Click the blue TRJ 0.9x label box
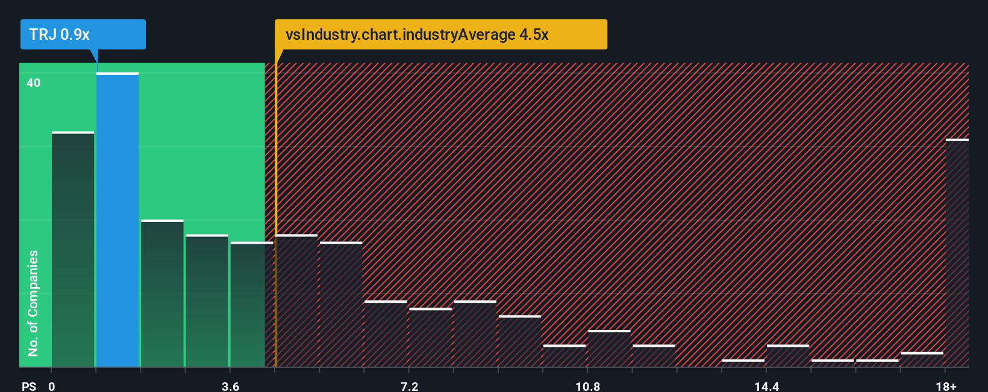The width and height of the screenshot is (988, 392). coord(83,34)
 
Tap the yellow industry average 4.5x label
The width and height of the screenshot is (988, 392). coord(440,34)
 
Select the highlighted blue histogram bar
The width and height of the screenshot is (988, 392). coord(117,220)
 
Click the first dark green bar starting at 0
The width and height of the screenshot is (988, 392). coord(73,249)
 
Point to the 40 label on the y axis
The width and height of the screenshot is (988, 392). coord(34,83)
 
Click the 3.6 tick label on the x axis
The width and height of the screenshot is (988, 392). coord(230,386)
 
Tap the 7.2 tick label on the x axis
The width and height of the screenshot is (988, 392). coord(409,386)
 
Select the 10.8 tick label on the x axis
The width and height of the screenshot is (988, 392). coord(587,386)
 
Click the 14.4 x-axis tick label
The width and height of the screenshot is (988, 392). coord(766,386)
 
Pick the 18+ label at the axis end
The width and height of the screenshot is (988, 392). coord(946,386)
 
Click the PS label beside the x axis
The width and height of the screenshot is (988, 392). coord(29,386)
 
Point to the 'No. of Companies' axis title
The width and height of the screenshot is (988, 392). coord(33,303)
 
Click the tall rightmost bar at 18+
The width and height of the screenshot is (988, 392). coord(957,253)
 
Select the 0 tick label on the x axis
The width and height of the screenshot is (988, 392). coord(52,386)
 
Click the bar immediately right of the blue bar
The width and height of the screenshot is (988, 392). coord(162,294)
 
